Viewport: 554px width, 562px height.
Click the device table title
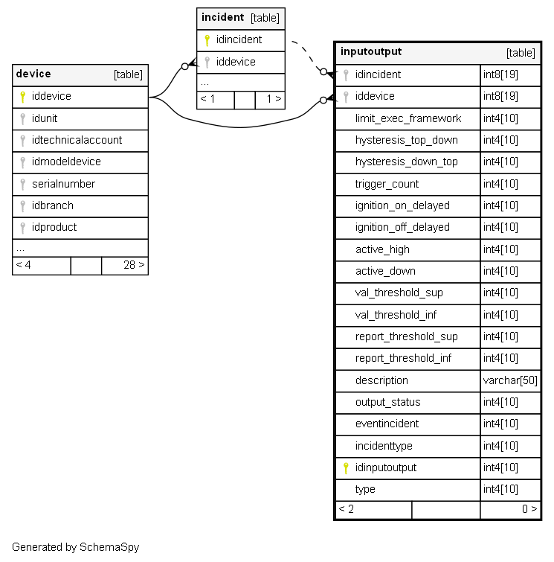[x=33, y=74]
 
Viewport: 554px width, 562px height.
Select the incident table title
[x=222, y=17]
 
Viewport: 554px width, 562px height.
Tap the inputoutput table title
[x=370, y=51]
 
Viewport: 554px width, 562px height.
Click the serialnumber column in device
[x=63, y=184]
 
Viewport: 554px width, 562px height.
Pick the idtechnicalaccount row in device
[x=77, y=140]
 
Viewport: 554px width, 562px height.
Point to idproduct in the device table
[x=54, y=227]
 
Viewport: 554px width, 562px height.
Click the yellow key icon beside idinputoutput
[x=345, y=467]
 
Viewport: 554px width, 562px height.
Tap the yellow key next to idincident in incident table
[x=207, y=40]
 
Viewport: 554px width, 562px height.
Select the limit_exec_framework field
[x=408, y=118]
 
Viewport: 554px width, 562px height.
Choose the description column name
[x=381, y=380]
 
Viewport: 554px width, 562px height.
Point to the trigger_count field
[x=387, y=184]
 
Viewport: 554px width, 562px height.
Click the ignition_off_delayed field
[x=402, y=227]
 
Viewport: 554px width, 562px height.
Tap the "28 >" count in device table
[x=134, y=264]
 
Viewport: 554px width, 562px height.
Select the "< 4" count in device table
[x=23, y=264]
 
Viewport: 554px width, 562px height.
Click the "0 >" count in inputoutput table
[x=529, y=509]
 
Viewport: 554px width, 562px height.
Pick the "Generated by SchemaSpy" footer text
[x=75, y=547]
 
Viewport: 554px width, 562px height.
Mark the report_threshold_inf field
[x=403, y=358]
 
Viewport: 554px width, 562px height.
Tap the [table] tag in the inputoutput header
[x=521, y=53]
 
